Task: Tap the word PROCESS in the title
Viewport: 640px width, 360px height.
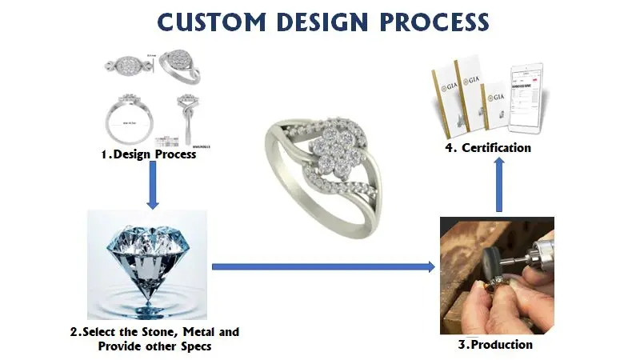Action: click(x=431, y=22)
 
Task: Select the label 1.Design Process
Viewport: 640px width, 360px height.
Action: click(x=148, y=154)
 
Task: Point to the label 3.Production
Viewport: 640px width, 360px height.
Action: click(x=496, y=345)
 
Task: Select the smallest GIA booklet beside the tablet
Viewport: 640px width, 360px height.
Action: click(x=497, y=106)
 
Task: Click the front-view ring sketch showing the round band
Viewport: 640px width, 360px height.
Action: click(x=127, y=120)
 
